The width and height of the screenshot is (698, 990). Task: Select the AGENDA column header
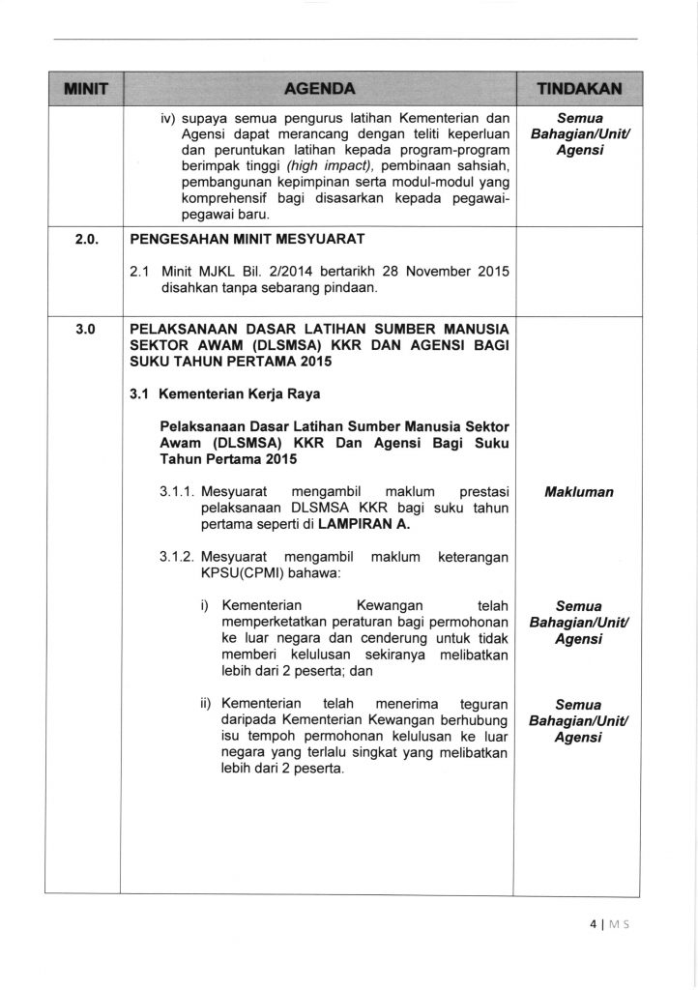(x=319, y=89)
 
